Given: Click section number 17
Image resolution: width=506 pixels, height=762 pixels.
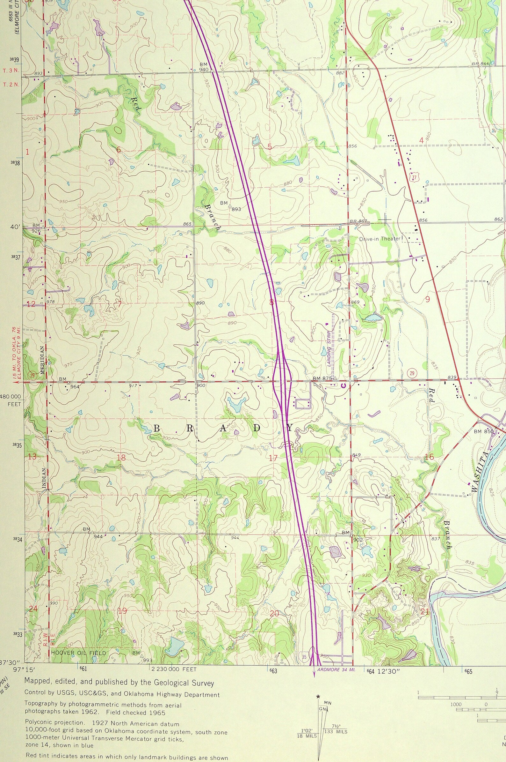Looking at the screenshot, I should point(273,458).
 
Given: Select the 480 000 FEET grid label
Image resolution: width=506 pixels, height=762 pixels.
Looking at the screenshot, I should point(11,400).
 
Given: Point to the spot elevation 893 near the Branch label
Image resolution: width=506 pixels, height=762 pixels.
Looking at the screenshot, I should point(236,209).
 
